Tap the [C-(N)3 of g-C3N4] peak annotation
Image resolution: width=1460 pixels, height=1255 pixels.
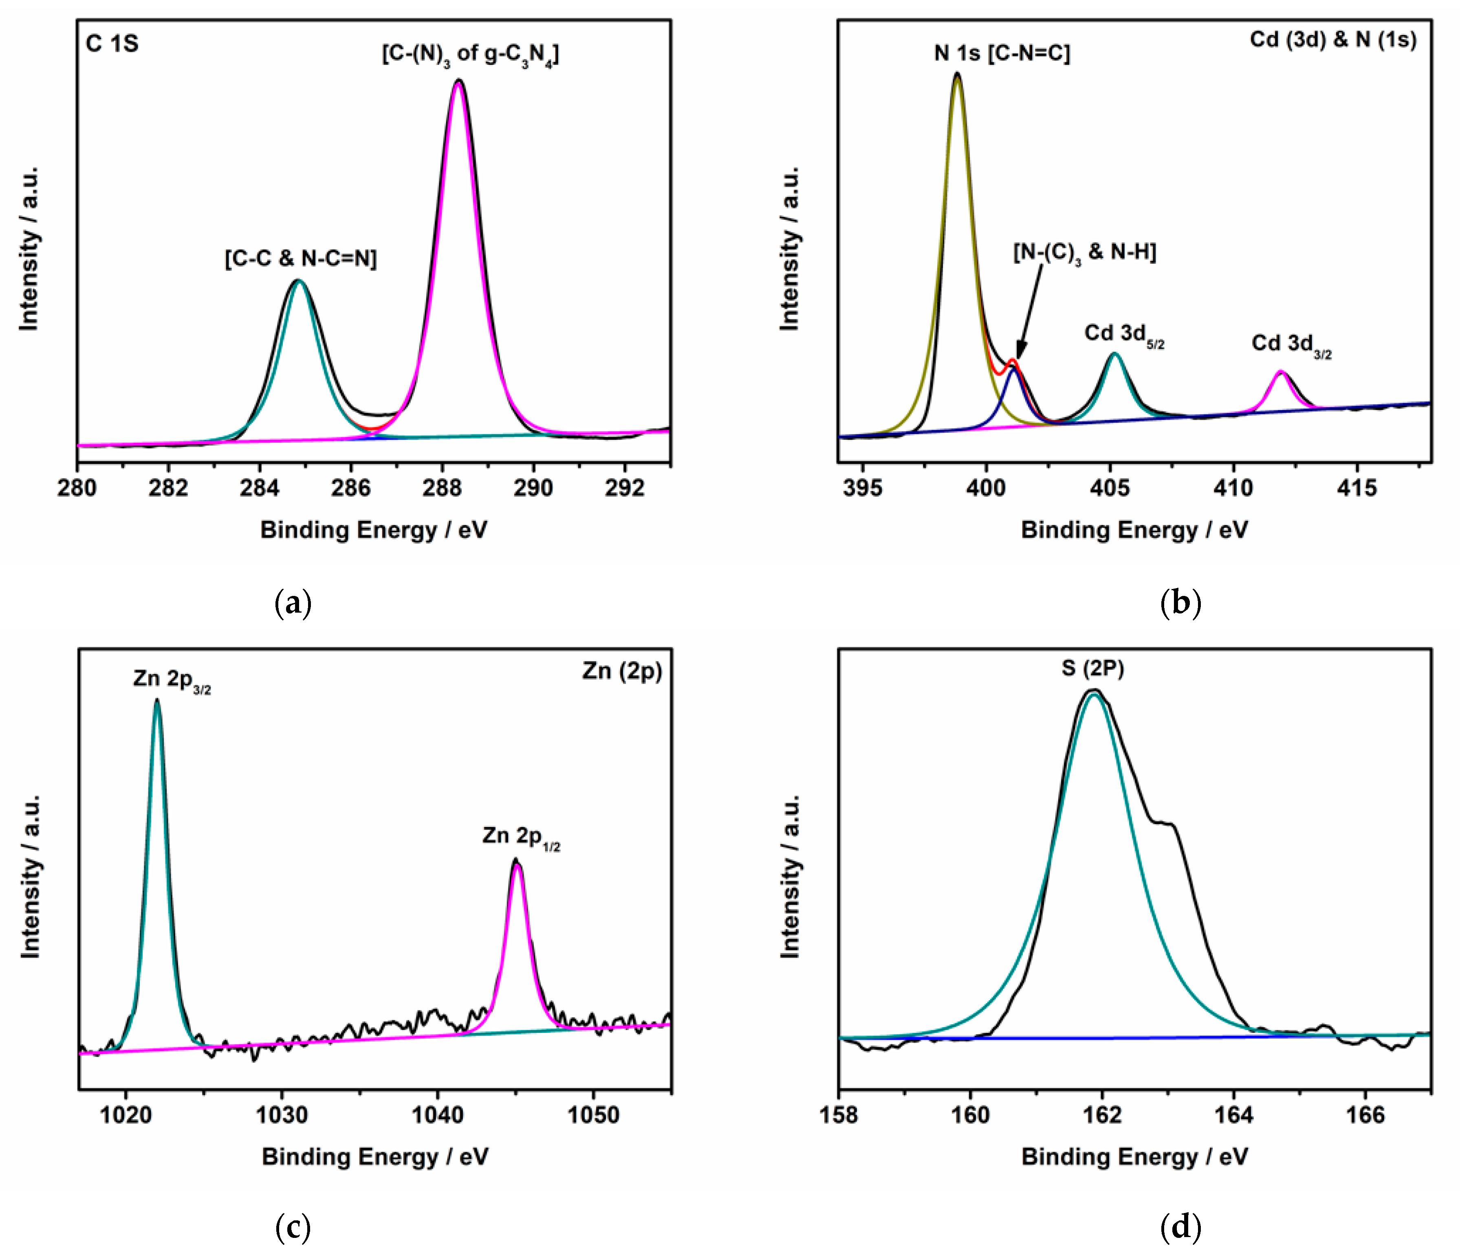[x=470, y=54]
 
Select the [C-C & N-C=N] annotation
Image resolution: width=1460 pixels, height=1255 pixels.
[x=301, y=258]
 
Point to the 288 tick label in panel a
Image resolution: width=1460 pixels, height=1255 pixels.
[x=442, y=487]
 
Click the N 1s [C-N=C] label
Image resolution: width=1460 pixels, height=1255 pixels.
[x=1001, y=53]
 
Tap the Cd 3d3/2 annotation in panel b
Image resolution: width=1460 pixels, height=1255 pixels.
[x=1291, y=345]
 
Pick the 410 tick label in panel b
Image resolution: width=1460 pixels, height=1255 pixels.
[x=1233, y=487]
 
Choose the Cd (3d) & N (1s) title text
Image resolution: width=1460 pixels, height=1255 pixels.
[x=1332, y=40]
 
